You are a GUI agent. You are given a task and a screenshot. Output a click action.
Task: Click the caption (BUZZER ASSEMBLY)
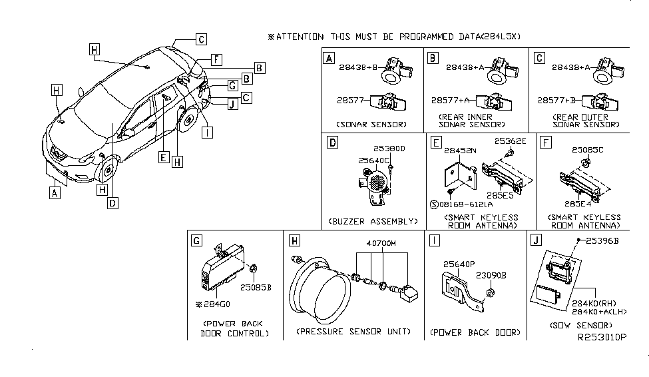click(x=372, y=220)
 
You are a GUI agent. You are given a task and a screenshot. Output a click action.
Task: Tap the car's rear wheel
click(x=189, y=120)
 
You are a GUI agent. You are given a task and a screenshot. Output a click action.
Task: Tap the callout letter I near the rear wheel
click(x=208, y=132)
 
